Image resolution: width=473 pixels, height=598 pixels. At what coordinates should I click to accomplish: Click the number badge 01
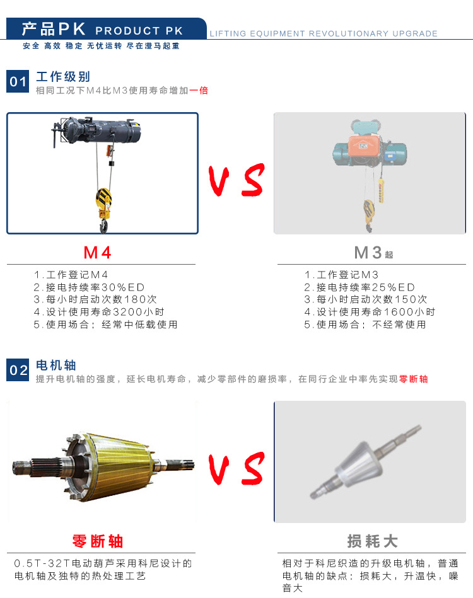(x=18, y=81)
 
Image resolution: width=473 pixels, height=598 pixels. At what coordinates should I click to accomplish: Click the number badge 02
(x=18, y=370)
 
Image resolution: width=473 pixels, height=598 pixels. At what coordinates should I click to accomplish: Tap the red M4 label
(x=97, y=253)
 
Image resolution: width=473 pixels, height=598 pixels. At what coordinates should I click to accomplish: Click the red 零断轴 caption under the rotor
(x=98, y=541)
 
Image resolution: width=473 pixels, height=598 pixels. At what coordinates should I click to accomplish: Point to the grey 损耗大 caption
(x=373, y=541)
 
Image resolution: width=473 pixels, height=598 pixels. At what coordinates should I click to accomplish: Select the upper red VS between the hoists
(x=237, y=180)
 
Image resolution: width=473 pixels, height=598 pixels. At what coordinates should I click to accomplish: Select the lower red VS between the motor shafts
(x=237, y=468)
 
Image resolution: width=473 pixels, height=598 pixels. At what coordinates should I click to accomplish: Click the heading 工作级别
(x=63, y=77)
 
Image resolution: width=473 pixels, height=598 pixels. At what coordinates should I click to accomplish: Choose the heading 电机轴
(x=56, y=365)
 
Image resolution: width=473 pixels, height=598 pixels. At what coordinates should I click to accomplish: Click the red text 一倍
(x=199, y=90)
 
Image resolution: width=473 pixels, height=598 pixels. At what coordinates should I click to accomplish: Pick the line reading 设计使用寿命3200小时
(x=99, y=312)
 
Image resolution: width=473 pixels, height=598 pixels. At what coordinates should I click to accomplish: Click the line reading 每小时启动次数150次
(x=366, y=299)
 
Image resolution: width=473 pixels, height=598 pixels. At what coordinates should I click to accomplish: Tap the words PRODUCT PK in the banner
(x=139, y=30)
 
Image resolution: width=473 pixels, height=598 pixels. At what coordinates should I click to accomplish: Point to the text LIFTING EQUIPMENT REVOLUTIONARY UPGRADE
(x=324, y=33)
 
